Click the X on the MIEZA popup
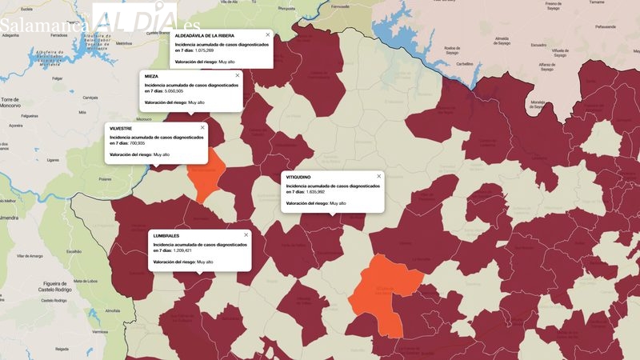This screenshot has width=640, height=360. [x=237, y=76]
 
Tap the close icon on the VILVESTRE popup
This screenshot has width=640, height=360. [x=202, y=127]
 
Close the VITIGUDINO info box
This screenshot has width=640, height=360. [x=379, y=176]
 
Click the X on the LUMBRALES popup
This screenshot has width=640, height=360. [x=246, y=235]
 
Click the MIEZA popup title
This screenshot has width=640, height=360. [x=151, y=77]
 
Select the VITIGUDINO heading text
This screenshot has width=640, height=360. [x=298, y=177]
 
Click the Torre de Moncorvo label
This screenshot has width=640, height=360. [x=12, y=102]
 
